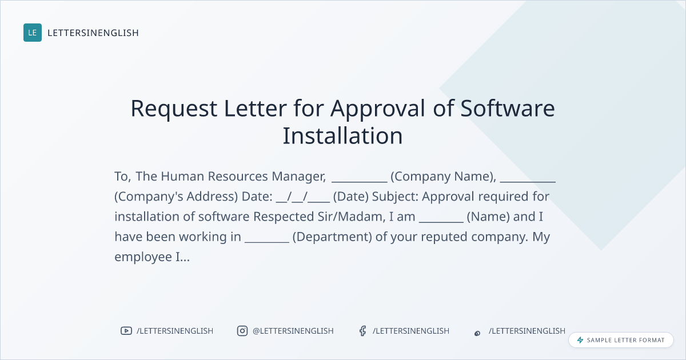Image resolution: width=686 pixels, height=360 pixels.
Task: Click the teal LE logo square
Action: [33, 33]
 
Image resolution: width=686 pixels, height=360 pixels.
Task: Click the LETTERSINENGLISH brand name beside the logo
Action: [93, 33]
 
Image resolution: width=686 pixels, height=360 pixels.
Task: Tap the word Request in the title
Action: [174, 109]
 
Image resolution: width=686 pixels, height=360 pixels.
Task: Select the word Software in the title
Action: [508, 108]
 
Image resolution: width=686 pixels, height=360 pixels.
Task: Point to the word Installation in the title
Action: [342, 135]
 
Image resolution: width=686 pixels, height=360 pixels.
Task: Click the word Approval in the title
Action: [378, 109]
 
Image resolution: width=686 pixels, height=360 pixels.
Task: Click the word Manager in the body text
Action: [298, 177]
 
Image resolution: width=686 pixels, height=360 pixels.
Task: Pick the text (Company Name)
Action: [444, 177]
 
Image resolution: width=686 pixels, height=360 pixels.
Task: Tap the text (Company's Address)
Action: [176, 197]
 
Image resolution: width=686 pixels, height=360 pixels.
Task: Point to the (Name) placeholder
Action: [488, 217]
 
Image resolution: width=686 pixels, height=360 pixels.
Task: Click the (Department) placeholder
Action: [332, 237]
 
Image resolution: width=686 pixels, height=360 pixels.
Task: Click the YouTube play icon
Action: [126, 331]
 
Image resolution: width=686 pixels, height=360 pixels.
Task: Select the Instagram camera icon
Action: [242, 331]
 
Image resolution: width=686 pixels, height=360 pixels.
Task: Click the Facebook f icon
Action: [362, 331]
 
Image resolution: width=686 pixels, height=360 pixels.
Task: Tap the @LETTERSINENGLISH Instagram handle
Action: [293, 331]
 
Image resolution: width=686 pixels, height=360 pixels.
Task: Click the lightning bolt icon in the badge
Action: [580, 340]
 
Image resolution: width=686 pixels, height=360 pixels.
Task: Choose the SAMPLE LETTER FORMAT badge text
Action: [625, 340]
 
